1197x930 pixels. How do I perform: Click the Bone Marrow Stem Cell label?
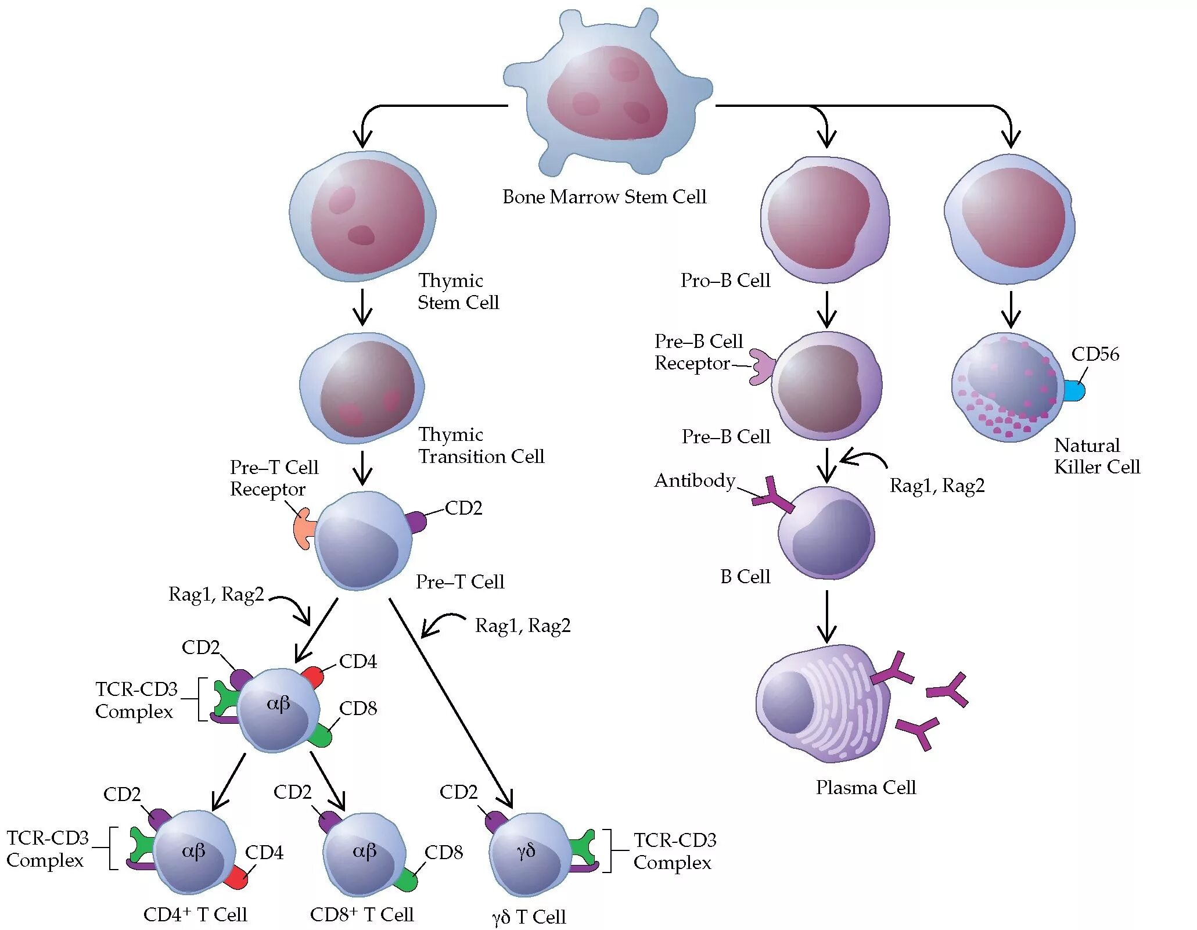click(x=604, y=197)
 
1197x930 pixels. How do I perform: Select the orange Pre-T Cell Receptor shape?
click(x=304, y=529)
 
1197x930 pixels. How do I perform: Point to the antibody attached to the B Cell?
click(x=773, y=495)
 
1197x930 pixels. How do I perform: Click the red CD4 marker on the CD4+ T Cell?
click(x=236, y=878)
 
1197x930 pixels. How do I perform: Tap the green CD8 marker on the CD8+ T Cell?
click(x=405, y=880)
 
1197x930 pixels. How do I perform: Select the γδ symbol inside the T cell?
click(x=526, y=852)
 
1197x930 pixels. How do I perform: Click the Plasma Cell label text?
click(x=865, y=788)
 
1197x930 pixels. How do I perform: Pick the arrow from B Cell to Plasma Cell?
click(x=826, y=616)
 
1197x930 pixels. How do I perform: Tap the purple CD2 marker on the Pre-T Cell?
click(x=415, y=522)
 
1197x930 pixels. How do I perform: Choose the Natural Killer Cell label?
click(x=1097, y=456)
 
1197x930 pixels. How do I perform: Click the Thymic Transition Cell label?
click(x=481, y=446)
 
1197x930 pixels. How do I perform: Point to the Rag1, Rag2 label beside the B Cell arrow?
click(x=937, y=486)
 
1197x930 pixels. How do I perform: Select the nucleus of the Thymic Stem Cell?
click(x=367, y=216)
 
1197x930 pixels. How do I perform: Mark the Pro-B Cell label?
click(x=725, y=281)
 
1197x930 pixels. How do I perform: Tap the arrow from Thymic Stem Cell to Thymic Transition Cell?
click(x=362, y=307)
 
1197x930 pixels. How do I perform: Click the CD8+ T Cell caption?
click(x=361, y=915)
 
